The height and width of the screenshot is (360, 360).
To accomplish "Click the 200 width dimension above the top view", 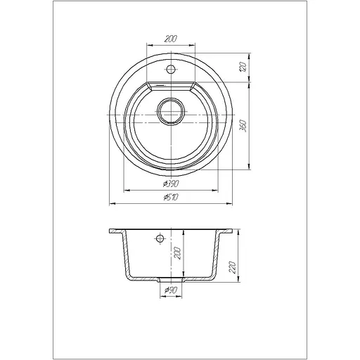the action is coord(171,39).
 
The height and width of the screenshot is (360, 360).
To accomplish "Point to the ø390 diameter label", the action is coord(171,184).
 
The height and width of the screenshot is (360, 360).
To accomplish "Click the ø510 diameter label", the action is coord(171,198).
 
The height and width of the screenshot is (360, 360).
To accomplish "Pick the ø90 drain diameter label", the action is coord(170,290).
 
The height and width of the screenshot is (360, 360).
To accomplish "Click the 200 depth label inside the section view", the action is coord(178,253).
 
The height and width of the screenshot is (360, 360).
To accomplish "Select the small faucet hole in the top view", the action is coord(171,69).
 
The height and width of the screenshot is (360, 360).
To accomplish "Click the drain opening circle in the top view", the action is coord(171,111).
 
